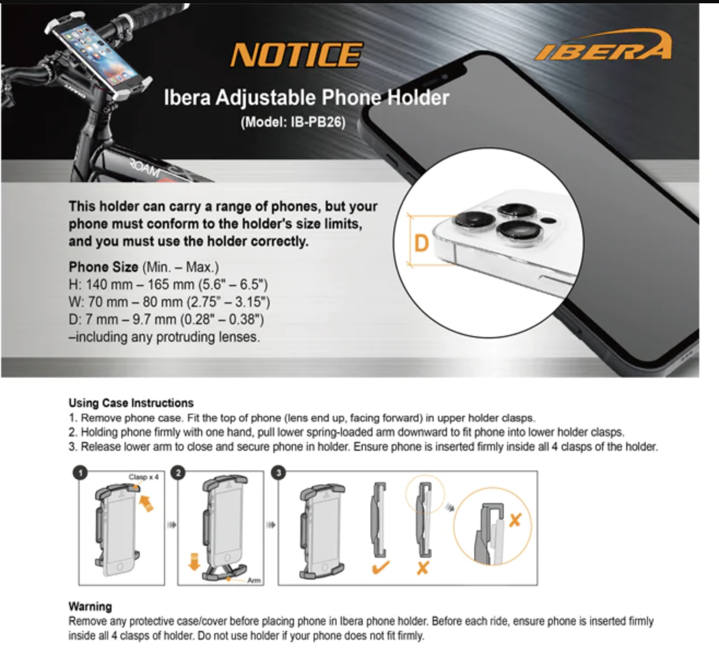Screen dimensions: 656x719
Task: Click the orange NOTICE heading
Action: tap(296, 55)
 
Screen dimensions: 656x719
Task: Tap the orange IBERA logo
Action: tap(603, 47)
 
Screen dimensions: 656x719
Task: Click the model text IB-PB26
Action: tap(293, 122)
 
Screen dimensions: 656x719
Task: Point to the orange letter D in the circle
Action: tap(422, 243)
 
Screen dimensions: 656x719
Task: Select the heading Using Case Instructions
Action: tap(131, 403)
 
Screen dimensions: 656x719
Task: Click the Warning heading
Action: tap(90, 606)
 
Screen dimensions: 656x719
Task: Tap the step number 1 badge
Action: tap(80, 473)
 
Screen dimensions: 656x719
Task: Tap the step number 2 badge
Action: tap(178, 473)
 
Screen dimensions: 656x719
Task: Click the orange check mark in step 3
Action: tap(380, 567)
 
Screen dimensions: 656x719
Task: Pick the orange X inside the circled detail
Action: tap(515, 520)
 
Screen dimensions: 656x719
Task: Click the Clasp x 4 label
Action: tap(144, 477)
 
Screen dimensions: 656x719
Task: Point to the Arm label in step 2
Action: tap(254, 581)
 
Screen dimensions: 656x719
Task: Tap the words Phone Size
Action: tap(103, 267)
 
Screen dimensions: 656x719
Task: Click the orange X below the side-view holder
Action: tap(422, 568)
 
